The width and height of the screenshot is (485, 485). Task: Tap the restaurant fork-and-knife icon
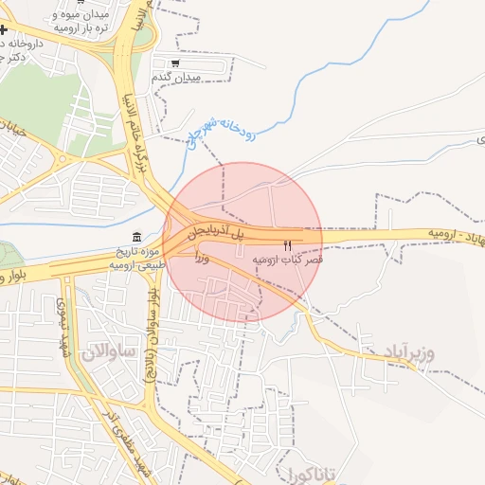[288, 245]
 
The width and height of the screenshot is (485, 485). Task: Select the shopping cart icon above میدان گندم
[175, 63]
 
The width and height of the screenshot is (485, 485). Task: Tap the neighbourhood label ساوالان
[110, 352]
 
